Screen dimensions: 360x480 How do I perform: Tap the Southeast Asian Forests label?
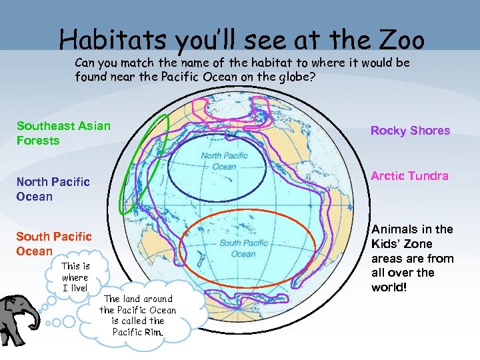tap(63, 133)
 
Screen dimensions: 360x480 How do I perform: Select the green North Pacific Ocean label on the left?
tap(53, 189)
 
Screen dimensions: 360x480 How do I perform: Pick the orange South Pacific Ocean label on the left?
tap(53, 243)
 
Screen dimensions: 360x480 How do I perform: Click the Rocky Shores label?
tap(410, 131)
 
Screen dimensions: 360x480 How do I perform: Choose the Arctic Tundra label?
tap(409, 176)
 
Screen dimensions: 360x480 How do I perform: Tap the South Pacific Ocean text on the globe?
tap(243, 248)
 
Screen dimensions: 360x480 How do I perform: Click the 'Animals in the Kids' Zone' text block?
tap(412, 258)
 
